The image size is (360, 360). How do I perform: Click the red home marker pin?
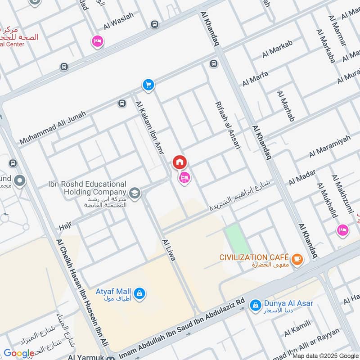(180, 162)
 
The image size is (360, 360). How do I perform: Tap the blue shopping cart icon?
(148, 84)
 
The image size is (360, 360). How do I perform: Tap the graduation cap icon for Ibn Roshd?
(135, 194)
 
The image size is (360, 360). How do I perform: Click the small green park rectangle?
(237, 239)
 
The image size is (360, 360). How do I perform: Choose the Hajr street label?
(65, 225)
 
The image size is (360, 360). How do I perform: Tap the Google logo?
(19, 353)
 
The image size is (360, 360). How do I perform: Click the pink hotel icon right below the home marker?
(184, 178)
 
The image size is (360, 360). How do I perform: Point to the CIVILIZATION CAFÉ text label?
(254, 257)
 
